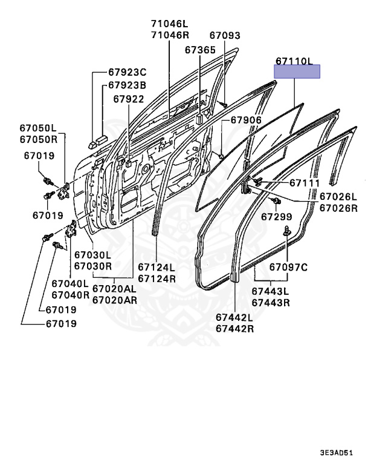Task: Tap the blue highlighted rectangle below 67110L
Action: (297, 73)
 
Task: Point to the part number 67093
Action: (225, 36)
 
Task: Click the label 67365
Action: (200, 50)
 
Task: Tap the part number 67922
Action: (128, 99)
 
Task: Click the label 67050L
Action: (38, 128)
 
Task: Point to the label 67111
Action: (304, 183)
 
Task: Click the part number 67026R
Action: (338, 208)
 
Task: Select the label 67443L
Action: (270, 292)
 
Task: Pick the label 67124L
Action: (157, 268)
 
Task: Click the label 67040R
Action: (70, 295)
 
